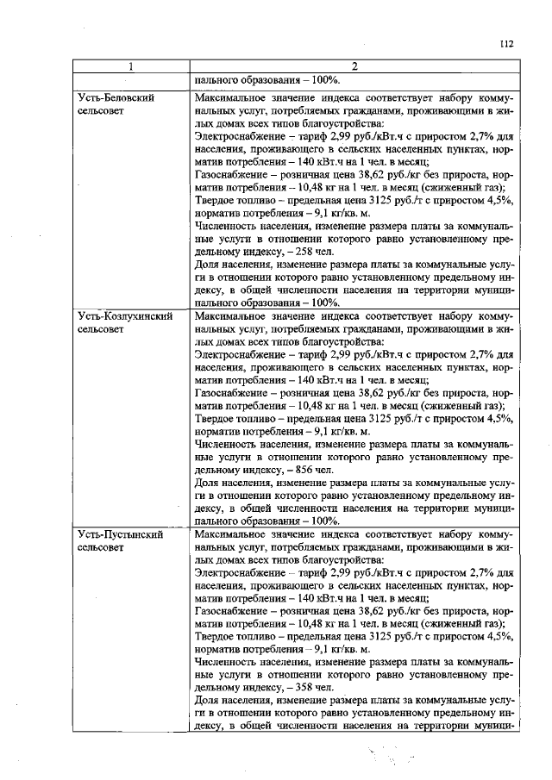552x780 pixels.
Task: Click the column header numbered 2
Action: point(353,67)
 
